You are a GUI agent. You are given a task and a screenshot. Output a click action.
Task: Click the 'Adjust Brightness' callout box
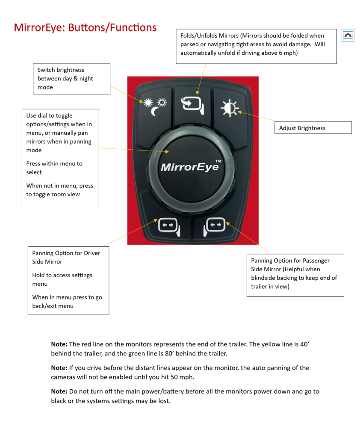(x=313, y=128)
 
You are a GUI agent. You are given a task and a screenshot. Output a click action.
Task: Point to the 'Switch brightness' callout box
(x=71, y=79)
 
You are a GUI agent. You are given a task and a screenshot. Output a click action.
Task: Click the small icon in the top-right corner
(x=348, y=35)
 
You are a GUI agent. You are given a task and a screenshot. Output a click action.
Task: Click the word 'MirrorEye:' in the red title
(x=39, y=28)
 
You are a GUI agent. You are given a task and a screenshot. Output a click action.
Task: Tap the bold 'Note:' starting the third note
(x=59, y=391)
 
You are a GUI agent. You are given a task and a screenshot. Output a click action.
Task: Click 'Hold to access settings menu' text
(x=62, y=279)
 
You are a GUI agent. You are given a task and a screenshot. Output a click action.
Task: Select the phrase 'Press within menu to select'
(x=54, y=168)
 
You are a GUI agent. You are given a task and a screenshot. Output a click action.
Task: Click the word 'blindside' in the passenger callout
(x=265, y=278)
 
